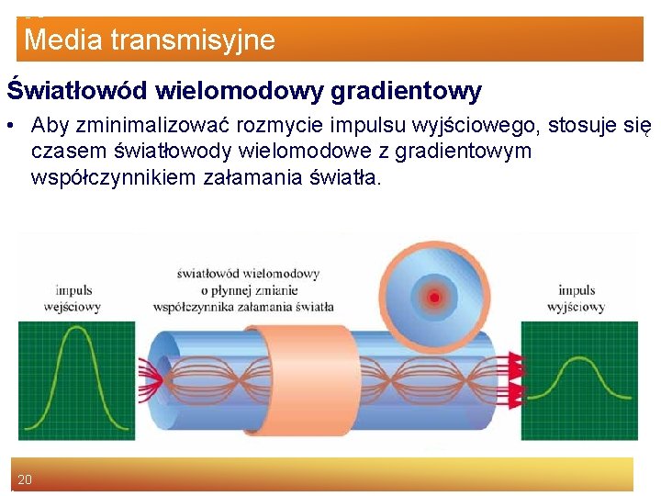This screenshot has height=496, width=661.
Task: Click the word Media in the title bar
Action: [x=62, y=40]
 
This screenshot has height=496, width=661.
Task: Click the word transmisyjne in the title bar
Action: [x=191, y=40]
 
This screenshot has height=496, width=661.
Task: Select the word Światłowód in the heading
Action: [x=78, y=91]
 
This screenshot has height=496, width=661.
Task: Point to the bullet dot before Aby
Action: [x=13, y=125]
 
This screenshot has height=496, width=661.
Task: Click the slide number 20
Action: [x=25, y=479]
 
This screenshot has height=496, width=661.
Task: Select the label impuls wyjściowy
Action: [x=576, y=299]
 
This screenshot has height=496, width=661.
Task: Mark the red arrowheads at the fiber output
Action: [x=516, y=377]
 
